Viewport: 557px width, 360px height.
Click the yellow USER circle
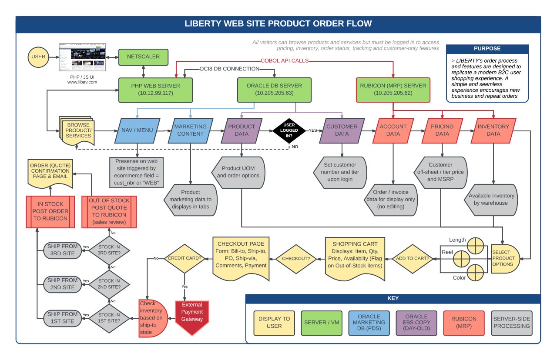tap(38, 57)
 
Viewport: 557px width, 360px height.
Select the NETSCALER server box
tap(143, 57)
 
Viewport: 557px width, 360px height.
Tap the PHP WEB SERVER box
tap(155, 89)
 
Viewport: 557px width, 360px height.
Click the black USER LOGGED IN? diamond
tap(289, 130)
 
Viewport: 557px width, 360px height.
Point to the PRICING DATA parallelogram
tap(442, 130)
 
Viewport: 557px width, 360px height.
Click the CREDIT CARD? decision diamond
tap(185, 258)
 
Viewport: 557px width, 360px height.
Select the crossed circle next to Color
tap(475, 273)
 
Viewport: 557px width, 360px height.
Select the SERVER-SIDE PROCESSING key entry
tap(511, 323)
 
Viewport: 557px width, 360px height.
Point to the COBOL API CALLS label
tap(285, 61)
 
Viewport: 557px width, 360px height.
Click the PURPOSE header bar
tap(487, 49)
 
